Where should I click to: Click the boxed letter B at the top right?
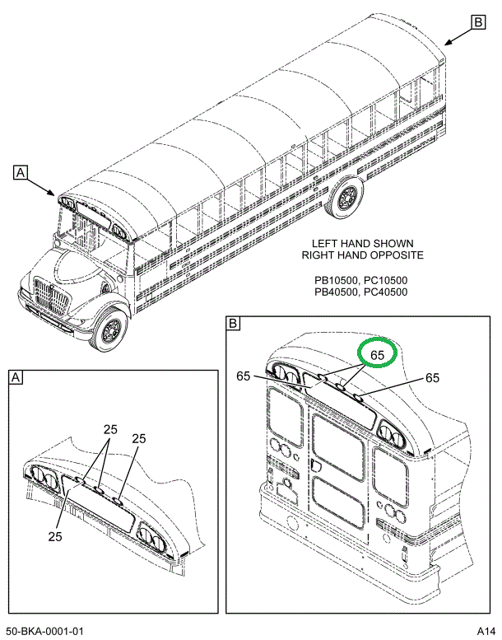pyautogui.click(x=478, y=22)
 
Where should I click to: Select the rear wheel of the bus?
pyautogui.click(x=346, y=198)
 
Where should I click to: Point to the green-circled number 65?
pyautogui.click(x=378, y=355)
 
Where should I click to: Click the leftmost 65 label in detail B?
pyautogui.click(x=244, y=376)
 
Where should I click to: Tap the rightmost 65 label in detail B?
pyautogui.click(x=433, y=378)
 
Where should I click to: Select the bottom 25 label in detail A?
pyautogui.click(x=55, y=536)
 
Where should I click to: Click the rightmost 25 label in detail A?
pyautogui.click(x=139, y=438)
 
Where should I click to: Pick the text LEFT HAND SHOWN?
pyautogui.click(x=362, y=244)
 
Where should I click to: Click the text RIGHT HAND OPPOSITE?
pyautogui.click(x=362, y=255)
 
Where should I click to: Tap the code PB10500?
pyautogui.click(x=336, y=280)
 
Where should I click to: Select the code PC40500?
pyautogui.click(x=385, y=292)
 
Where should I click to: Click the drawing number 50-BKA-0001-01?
pyautogui.click(x=46, y=631)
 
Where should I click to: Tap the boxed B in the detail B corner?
pyautogui.click(x=234, y=325)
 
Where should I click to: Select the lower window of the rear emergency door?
pyautogui.click(x=338, y=501)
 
